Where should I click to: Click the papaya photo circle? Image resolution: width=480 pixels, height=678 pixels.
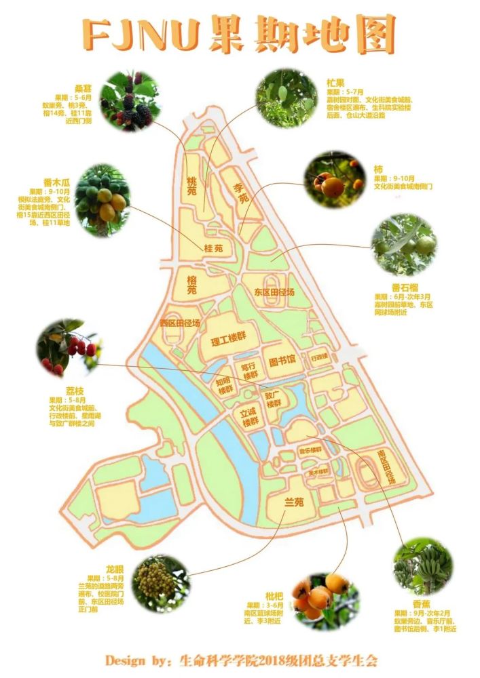click(103, 200)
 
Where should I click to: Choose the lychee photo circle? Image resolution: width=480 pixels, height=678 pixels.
click(69, 349)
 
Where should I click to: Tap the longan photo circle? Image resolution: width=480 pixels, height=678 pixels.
click(161, 583)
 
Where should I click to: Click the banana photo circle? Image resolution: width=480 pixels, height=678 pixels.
click(423, 566)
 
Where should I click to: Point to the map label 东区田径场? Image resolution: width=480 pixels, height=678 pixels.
click(274, 292)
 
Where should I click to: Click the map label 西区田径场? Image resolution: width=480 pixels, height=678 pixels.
click(179, 323)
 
